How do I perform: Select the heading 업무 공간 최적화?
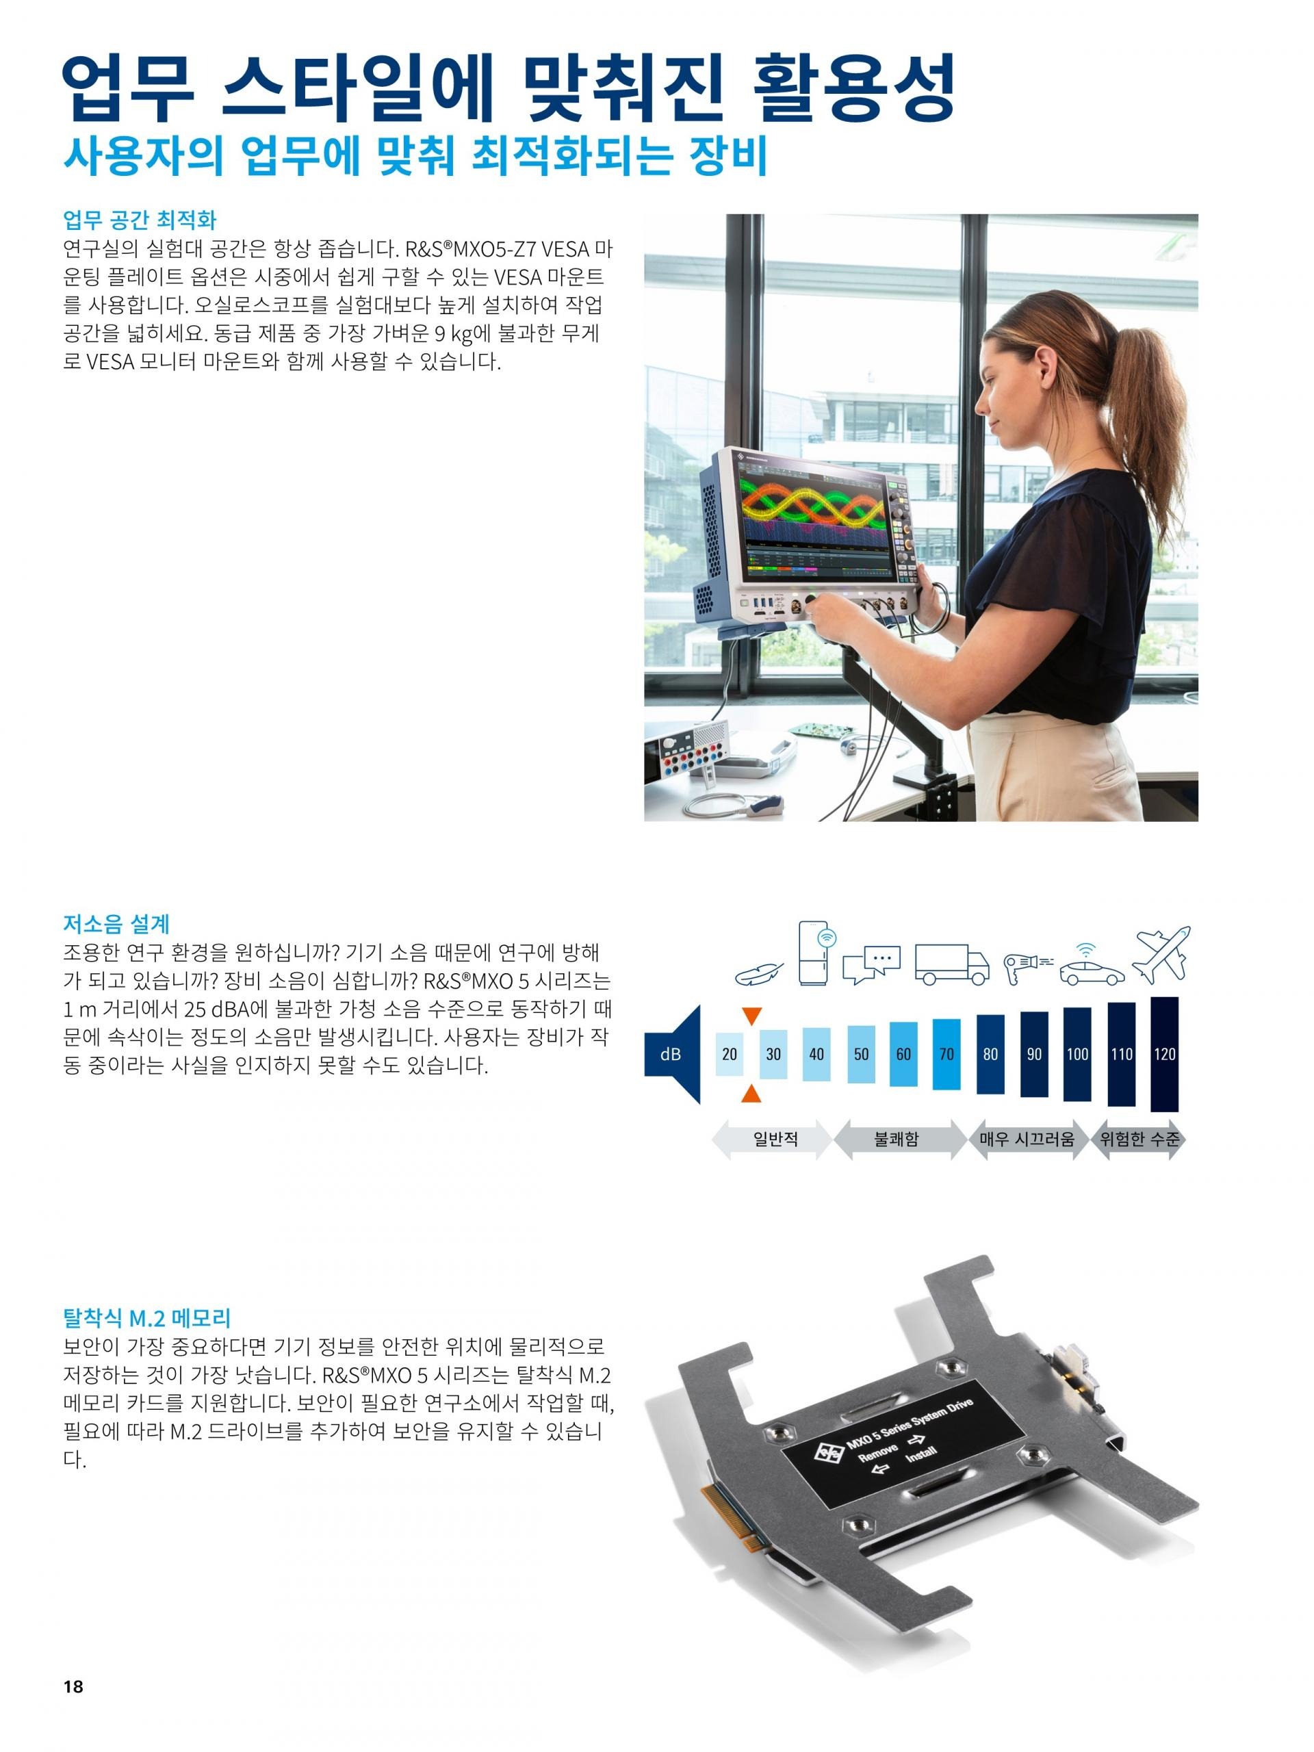coord(140,218)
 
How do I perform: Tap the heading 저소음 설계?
coord(116,923)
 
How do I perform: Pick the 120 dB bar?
coord(1163,1053)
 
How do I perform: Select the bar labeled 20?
coord(730,1053)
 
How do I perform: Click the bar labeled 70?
coord(946,1053)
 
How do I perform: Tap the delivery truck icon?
coord(952,963)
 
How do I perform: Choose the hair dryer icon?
coord(1027,966)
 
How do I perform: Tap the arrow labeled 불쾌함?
coord(896,1139)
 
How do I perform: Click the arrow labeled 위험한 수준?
coord(1138,1139)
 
